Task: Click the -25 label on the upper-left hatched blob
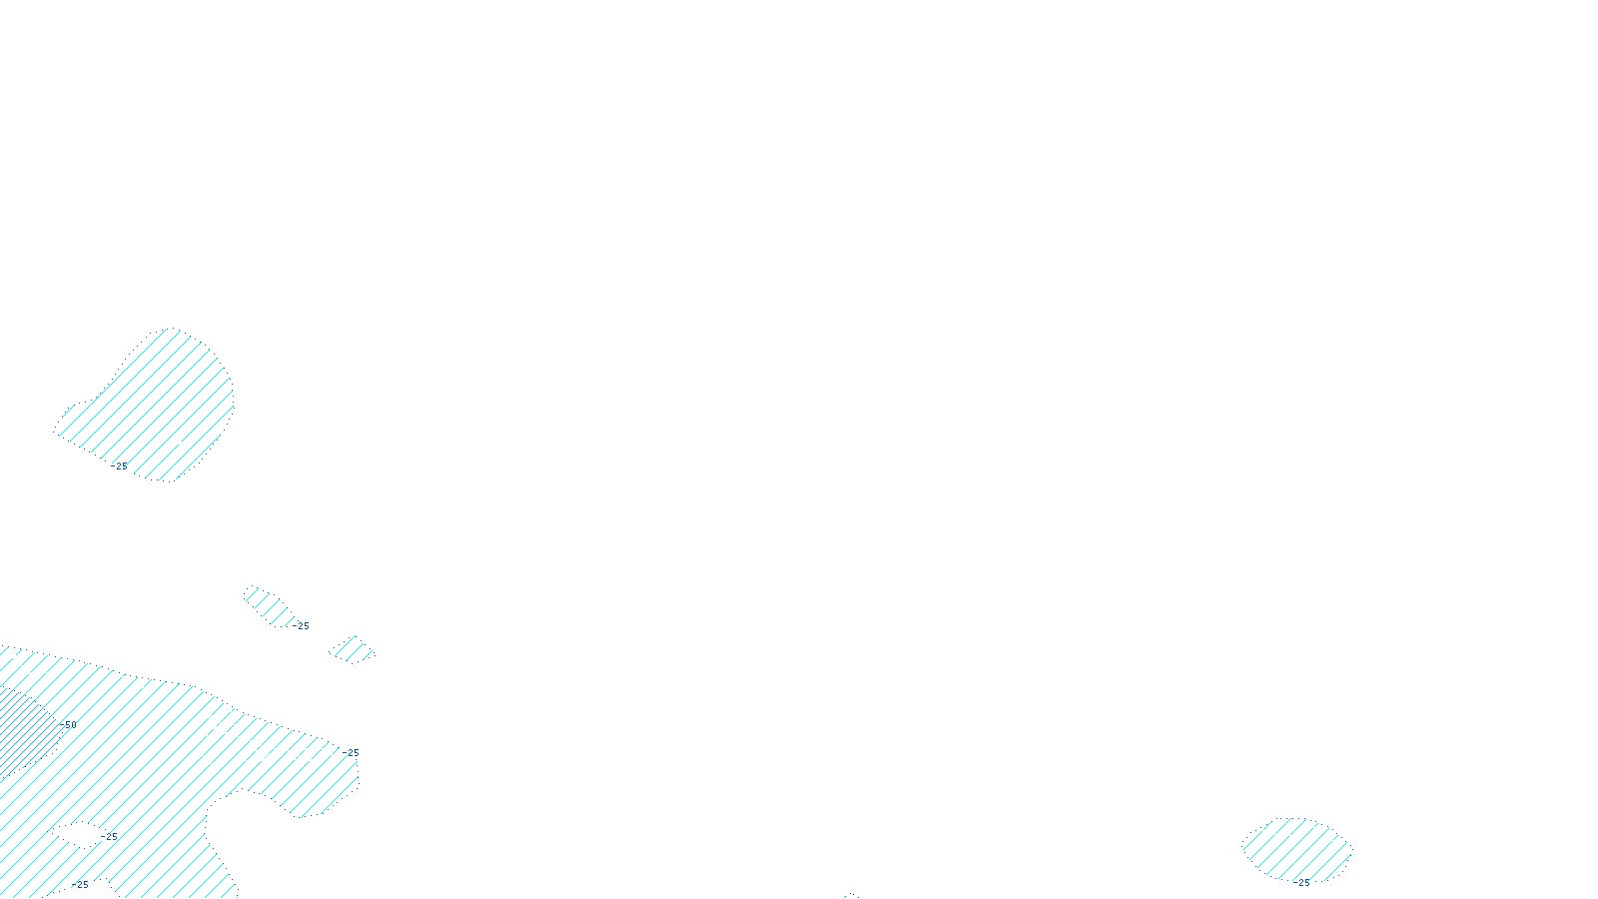120,466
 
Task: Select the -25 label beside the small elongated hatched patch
302,626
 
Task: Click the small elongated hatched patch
267,605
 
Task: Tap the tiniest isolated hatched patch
352,649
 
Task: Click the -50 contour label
69,725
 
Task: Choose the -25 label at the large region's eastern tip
351,753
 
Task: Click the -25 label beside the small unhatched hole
111,837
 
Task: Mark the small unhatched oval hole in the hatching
78,832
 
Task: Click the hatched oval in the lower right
1296,848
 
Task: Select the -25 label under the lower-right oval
1301,883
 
